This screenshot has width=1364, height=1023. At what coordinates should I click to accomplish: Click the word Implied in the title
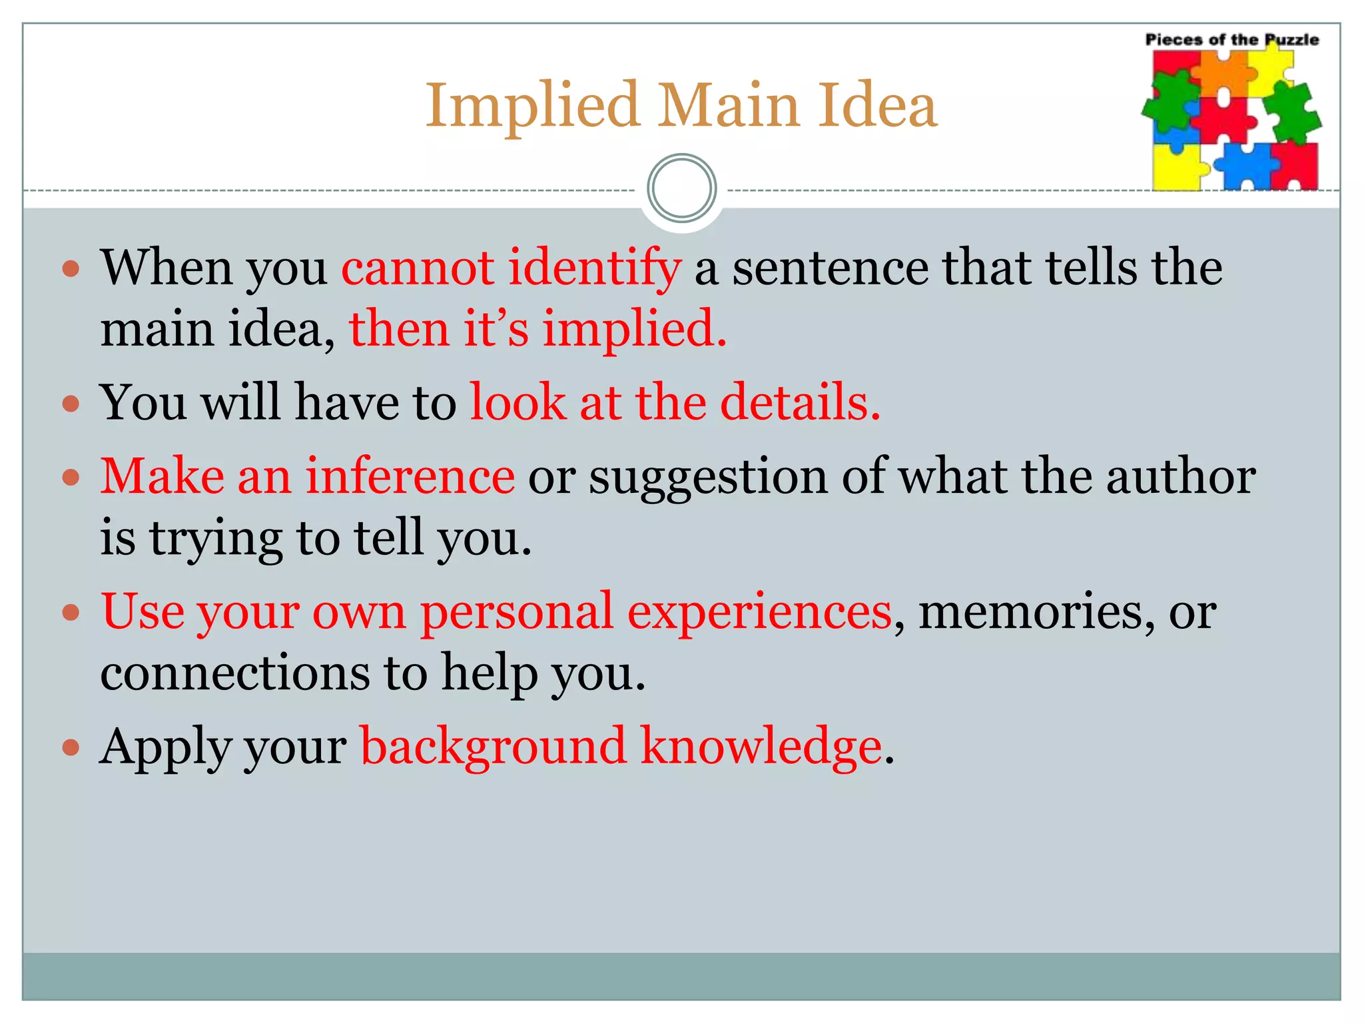[533, 107]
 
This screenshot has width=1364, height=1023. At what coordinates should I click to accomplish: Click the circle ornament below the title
[681, 188]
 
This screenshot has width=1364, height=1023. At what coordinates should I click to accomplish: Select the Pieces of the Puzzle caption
[1231, 40]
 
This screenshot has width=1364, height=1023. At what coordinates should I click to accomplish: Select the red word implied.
[633, 330]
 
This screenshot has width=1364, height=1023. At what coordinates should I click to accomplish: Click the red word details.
[800, 403]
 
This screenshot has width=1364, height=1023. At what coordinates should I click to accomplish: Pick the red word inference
[410, 477]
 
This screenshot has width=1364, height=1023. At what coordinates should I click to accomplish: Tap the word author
[1181, 477]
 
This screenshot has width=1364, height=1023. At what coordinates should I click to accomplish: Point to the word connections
[234, 673]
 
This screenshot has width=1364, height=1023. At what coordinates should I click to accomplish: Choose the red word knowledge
[761, 747]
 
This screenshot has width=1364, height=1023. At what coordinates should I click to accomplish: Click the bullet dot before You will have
[71, 404]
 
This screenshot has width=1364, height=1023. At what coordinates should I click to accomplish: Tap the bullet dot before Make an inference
[71, 478]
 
